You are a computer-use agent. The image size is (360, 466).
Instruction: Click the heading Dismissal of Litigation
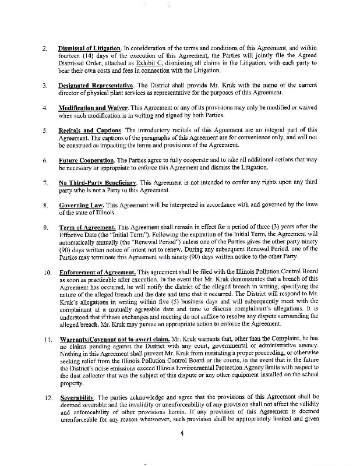click(90, 47)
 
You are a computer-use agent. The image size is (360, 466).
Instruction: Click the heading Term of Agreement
click(87, 227)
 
